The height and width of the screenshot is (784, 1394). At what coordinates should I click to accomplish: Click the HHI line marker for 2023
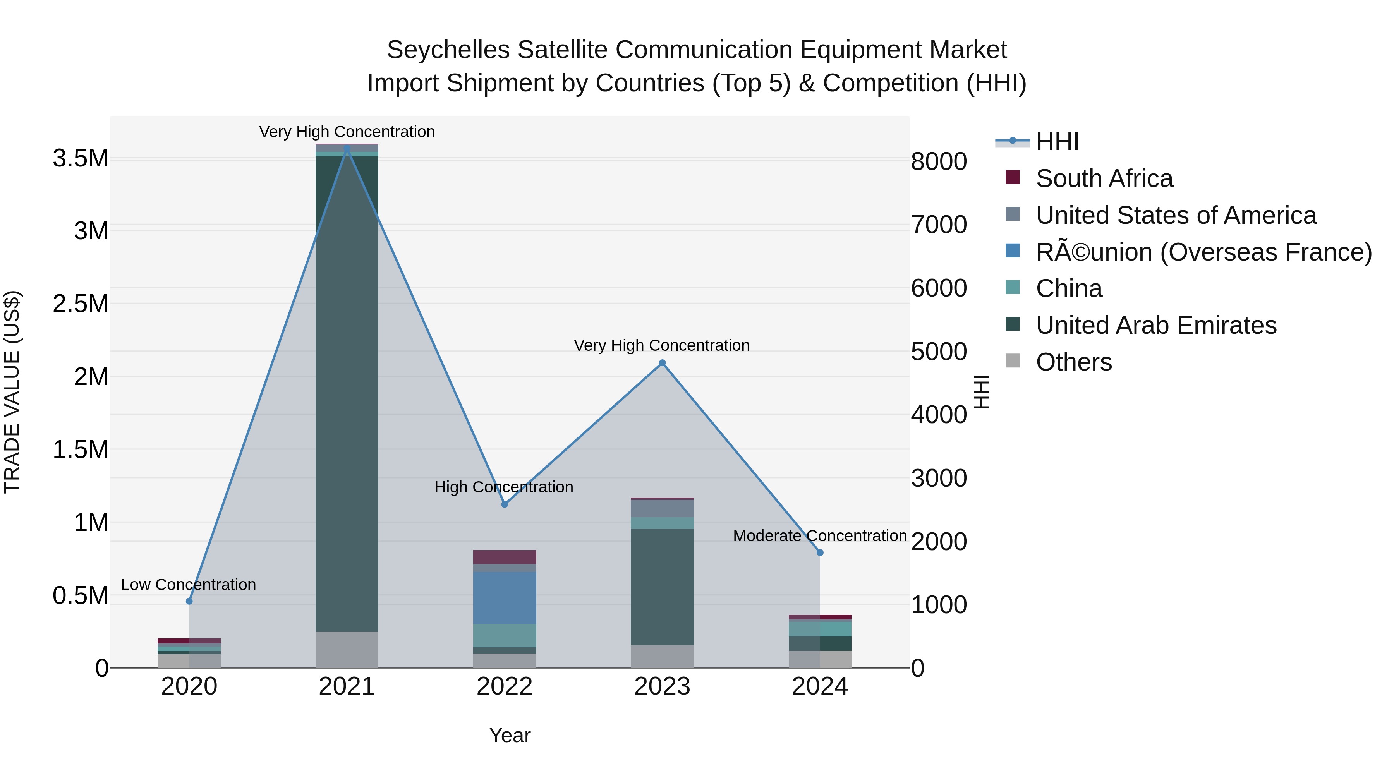click(662, 363)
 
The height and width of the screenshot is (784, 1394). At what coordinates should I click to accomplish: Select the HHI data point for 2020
click(189, 601)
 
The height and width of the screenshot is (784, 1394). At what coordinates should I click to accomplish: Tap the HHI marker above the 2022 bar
click(504, 504)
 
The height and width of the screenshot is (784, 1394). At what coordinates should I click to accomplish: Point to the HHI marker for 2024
click(820, 552)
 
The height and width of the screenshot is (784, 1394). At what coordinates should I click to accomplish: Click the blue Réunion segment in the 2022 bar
click(504, 598)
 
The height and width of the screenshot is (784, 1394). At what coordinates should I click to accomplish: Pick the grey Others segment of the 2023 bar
click(662, 656)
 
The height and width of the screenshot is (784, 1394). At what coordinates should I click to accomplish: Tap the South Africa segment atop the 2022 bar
click(504, 557)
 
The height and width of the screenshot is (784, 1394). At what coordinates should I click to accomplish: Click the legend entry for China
click(1068, 288)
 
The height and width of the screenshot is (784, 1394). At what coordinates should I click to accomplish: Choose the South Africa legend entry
click(1104, 178)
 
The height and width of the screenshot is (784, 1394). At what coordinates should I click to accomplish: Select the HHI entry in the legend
click(1057, 142)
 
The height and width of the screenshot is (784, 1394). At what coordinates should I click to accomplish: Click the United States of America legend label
click(1175, 215)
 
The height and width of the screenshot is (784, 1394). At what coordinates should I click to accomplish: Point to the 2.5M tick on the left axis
click(80, 304)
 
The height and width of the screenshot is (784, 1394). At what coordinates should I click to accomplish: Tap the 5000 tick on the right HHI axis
click(939, 351)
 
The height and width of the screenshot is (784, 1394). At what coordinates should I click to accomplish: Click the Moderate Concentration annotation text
click(819, 536)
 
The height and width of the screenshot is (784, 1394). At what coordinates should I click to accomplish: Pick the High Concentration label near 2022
click(503, 487)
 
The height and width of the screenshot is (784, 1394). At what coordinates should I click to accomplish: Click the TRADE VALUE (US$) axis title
click(12, 392)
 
